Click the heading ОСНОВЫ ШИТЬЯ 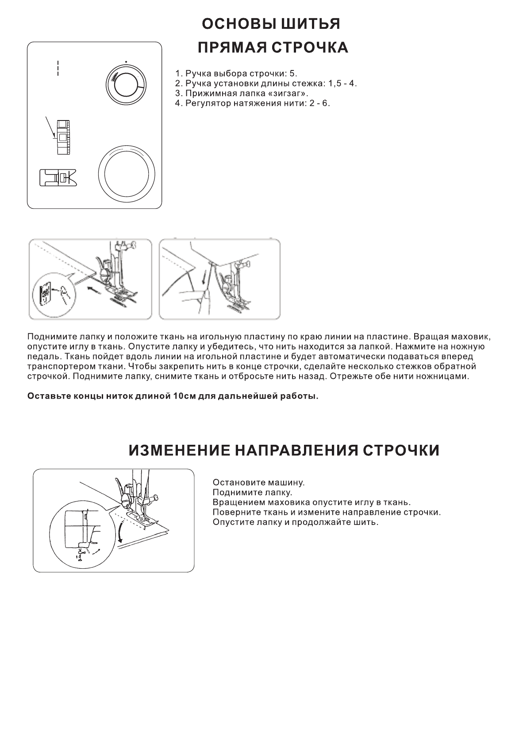pos(271,24)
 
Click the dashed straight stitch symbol pos(57,67)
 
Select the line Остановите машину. pos(258,482)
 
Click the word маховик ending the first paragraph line pos(470,336)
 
